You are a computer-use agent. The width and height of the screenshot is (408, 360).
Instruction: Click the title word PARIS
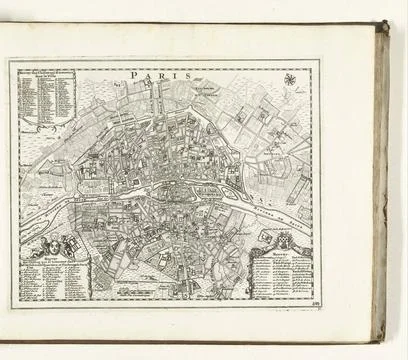(150, 73)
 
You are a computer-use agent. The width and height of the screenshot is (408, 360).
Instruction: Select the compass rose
(290, 79)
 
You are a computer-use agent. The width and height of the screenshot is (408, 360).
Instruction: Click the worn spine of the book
(381, 180)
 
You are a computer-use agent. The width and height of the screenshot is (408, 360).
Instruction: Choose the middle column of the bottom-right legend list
(288, 278)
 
